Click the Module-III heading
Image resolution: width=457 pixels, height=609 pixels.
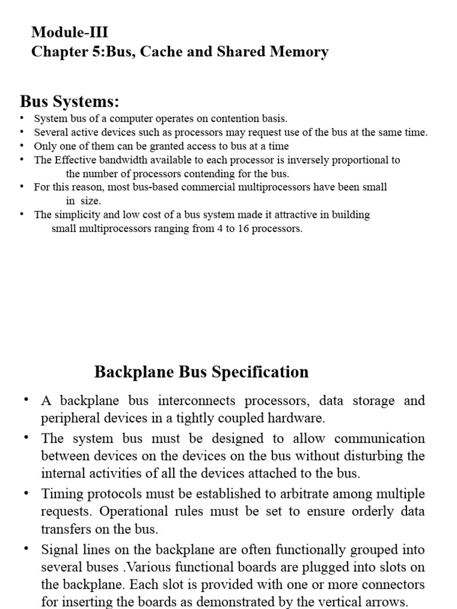(70, 32)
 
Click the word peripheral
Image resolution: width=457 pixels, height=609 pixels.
(67, 418)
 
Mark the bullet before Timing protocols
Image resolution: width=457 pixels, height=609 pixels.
(26, 493)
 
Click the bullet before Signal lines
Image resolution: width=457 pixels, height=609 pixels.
(26, 548)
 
